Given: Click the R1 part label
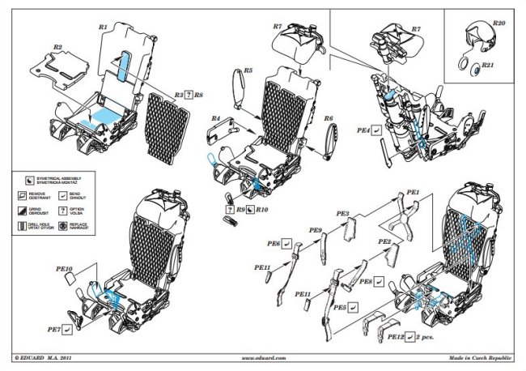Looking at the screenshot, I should click(x=103, y=27).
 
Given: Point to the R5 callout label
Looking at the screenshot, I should click(x=248, y=71).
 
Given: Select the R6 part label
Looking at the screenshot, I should click(x=329, y=119).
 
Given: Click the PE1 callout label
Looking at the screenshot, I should click(x=413, y=192).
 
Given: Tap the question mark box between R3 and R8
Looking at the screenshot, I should click(x=189, y=95).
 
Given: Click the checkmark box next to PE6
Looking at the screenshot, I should click(x=287, y=242).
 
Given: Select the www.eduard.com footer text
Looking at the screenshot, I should click(x=264, y=356).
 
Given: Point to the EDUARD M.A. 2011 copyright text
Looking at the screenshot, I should click(x=49, y=356).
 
